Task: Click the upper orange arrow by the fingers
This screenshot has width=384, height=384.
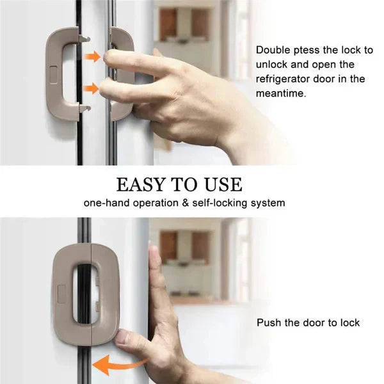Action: coord(93,57)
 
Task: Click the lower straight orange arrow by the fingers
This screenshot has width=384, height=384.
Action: coord(92,88)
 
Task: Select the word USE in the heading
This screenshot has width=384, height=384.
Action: coord(223,184)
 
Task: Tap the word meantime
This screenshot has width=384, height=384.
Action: coord(281,93)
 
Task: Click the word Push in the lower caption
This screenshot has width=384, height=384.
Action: coord(269,323)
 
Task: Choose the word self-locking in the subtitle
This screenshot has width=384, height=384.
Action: coord(220,203)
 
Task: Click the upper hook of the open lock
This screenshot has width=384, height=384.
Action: coord(84,38)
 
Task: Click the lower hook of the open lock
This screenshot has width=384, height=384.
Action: coord(84,108)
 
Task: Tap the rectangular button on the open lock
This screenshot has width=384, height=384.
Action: coord(53,75)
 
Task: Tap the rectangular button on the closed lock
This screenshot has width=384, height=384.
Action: coord(61,294)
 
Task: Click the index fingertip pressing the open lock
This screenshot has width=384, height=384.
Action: coord(108,56)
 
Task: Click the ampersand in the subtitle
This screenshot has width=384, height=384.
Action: coord(186,203)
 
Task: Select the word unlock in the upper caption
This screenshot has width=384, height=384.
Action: coord(271,65)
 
